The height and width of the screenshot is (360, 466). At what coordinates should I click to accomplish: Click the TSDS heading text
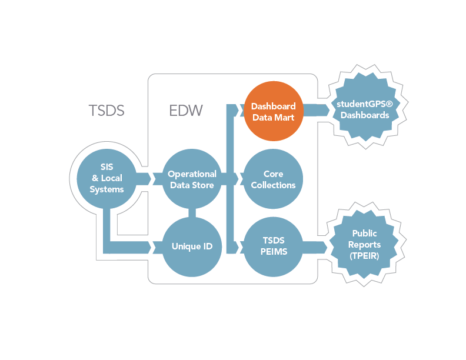[x=106, y=111]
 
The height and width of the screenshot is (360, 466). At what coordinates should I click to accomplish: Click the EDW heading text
[x=186, y=111]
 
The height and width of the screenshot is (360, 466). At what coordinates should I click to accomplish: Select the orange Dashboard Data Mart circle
[x=274, y=111]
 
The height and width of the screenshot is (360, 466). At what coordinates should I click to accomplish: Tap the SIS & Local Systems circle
[x=106, y=178]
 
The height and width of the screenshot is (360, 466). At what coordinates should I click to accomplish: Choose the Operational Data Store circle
[x=192, y=178]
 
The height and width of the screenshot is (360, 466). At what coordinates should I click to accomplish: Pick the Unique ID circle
[x=192, y=246]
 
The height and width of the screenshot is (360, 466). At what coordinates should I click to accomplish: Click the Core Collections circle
[x=273, y=178]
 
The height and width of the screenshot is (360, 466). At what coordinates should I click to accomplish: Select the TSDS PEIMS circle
[x=274, y=246]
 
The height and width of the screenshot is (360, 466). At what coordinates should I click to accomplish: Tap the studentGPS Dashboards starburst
[x=365, y=107]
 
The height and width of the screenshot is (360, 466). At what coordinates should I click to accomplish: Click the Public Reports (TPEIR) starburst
[x=364, y=245]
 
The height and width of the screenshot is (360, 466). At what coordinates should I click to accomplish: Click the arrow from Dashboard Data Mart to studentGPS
[x=316, y=111]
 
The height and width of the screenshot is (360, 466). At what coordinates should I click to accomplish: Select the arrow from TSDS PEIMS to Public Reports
[x=315, y=247]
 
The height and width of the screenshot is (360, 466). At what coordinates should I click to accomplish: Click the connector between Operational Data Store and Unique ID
[x=192, y=213]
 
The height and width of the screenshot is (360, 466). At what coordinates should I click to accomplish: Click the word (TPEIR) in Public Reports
[x=364, y=256]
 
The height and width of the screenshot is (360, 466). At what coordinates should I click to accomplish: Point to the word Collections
[x=273, y=185]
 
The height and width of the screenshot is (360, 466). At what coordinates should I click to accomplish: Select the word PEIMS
[x=274, y=252]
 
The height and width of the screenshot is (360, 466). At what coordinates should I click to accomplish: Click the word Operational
[x=192, y=174]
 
